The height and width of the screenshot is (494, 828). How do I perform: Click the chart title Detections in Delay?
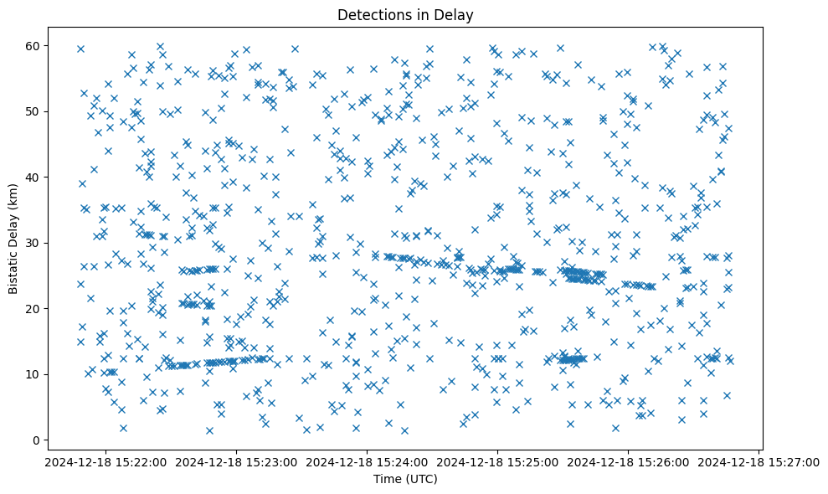(405, 15)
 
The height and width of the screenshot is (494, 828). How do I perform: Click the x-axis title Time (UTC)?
(405, 479)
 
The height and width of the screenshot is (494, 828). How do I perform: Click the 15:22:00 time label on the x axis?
(105, 461)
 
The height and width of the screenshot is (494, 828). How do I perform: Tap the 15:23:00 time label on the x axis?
(236, 461)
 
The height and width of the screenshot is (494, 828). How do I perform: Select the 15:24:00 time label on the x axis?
(368, 461)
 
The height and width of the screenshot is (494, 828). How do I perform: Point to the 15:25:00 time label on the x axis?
(498, 461)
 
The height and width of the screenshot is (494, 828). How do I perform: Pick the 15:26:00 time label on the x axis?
(629, 461)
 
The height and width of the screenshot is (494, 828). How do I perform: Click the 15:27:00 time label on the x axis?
(759, 461)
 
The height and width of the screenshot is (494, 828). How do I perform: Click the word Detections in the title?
(371, 15)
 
